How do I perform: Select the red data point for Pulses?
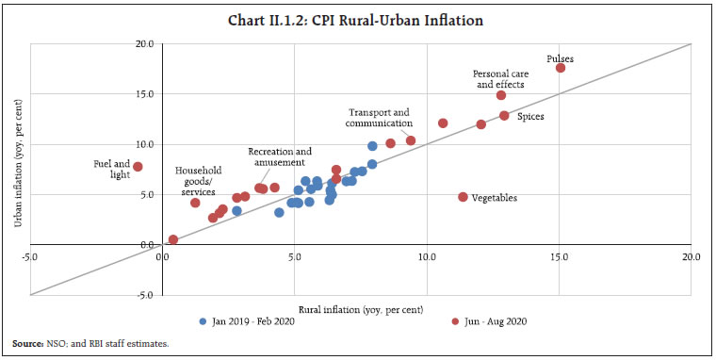[561, 68]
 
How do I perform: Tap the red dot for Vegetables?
[463, 197]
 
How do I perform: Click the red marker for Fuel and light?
[138, 167]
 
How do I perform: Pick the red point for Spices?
[504, 115]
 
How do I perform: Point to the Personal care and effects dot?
[501, 95]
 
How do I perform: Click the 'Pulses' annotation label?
[560, 58]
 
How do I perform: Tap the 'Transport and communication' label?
[381, 117]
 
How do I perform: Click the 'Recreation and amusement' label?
[280, 156]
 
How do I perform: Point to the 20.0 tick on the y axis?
[143, 43]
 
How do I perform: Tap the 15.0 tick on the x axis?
[561, 256]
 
